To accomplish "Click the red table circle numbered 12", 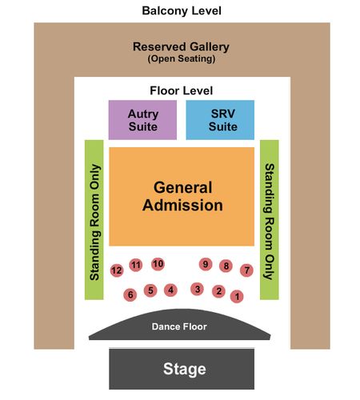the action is click(x=117, y=270).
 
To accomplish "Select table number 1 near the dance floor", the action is click(x=237, y=296).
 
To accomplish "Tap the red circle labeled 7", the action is click(x=246, y=270).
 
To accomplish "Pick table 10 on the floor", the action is click(x=158, y=264).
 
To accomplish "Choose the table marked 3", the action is click(x=198, y=289).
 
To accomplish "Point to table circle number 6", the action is click(x=130, y=295).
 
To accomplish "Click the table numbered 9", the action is click(x=206, y=264).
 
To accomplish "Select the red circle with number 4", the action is click(x=170, y=290).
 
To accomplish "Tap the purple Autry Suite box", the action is click(x=142, y=120).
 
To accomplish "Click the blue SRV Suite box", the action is click(x=220, y=120).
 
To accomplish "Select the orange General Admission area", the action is click(x=182, y=197).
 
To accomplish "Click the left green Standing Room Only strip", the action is click(x=94, y=220).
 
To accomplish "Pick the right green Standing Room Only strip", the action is click(x=270, y=220).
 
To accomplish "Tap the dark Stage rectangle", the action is click(x=182, y=369).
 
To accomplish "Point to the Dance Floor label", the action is click(x=179, y=326).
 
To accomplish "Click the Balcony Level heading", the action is click(x=182, y=11).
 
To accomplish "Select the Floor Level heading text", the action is click(x=182, y=90).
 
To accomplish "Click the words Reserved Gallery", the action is click(x=181, y=47).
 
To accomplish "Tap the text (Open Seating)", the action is click(x=182, y=58).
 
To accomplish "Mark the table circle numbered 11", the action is click(x=136, y=265).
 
